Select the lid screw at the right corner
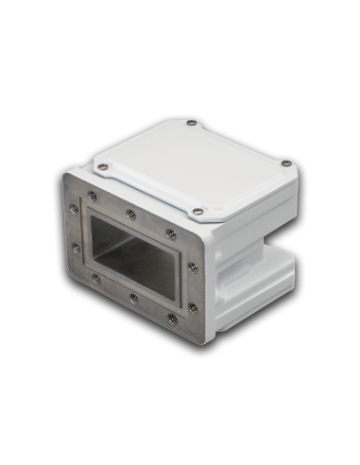282,166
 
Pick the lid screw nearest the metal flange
197,211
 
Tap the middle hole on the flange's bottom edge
133,298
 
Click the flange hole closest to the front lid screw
170,232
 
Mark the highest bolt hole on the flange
93,196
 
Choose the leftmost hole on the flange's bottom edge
95,278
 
